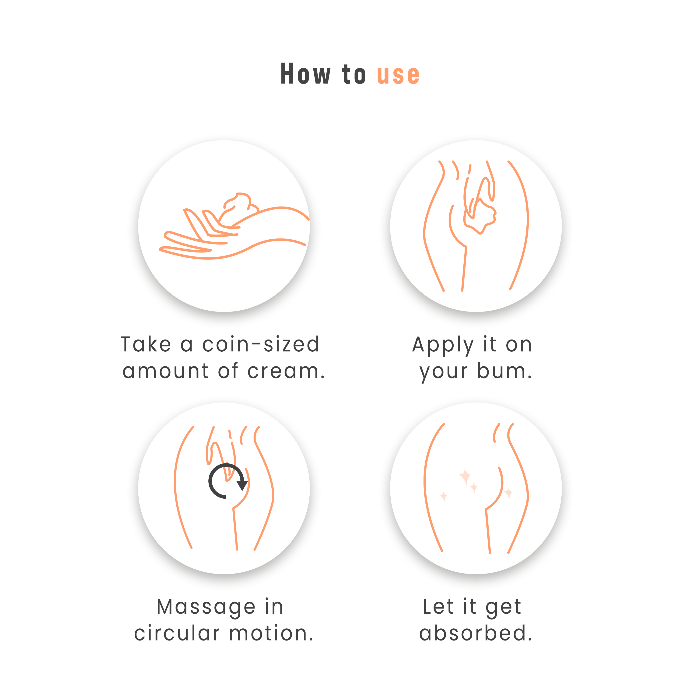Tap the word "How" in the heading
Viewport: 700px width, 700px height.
click(305, 74)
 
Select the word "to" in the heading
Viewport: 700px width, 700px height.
click(354, 74)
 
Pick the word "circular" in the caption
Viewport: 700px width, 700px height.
click(177, 633)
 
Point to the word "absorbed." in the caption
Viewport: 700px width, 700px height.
click(475, 633)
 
